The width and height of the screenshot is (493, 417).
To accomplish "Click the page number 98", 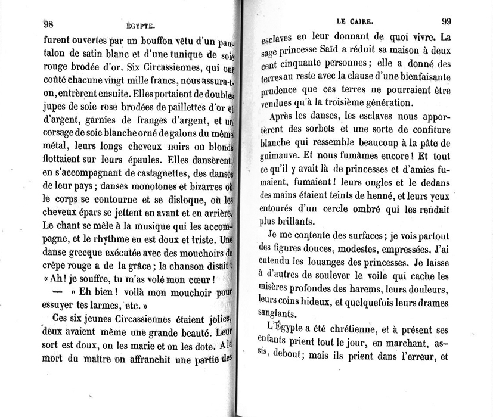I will pyautogui.click(x=49, y=24).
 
